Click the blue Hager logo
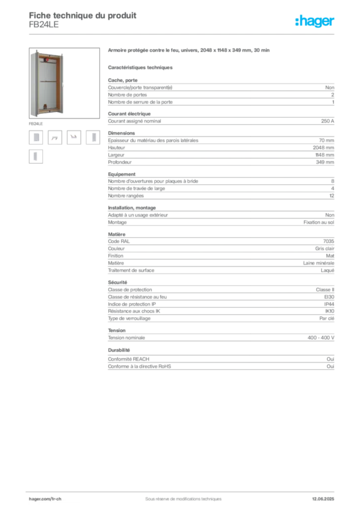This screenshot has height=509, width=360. tap(316, 22)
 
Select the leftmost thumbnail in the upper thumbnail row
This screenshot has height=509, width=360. tap(36, 137)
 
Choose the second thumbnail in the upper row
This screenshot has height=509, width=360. tap(55, 139)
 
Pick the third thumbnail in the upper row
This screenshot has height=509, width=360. tap(74, 136)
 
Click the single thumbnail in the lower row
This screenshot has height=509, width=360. tap(36, 157)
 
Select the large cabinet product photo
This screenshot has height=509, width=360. tap(48, 83)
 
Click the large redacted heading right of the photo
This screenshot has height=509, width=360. tap(189, 50)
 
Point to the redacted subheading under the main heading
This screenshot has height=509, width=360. tap(141, 67)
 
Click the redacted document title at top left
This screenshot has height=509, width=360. tap(83, 13)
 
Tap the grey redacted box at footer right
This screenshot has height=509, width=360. tap(324, 496)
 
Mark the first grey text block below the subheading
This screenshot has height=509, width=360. tap(221, 92)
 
